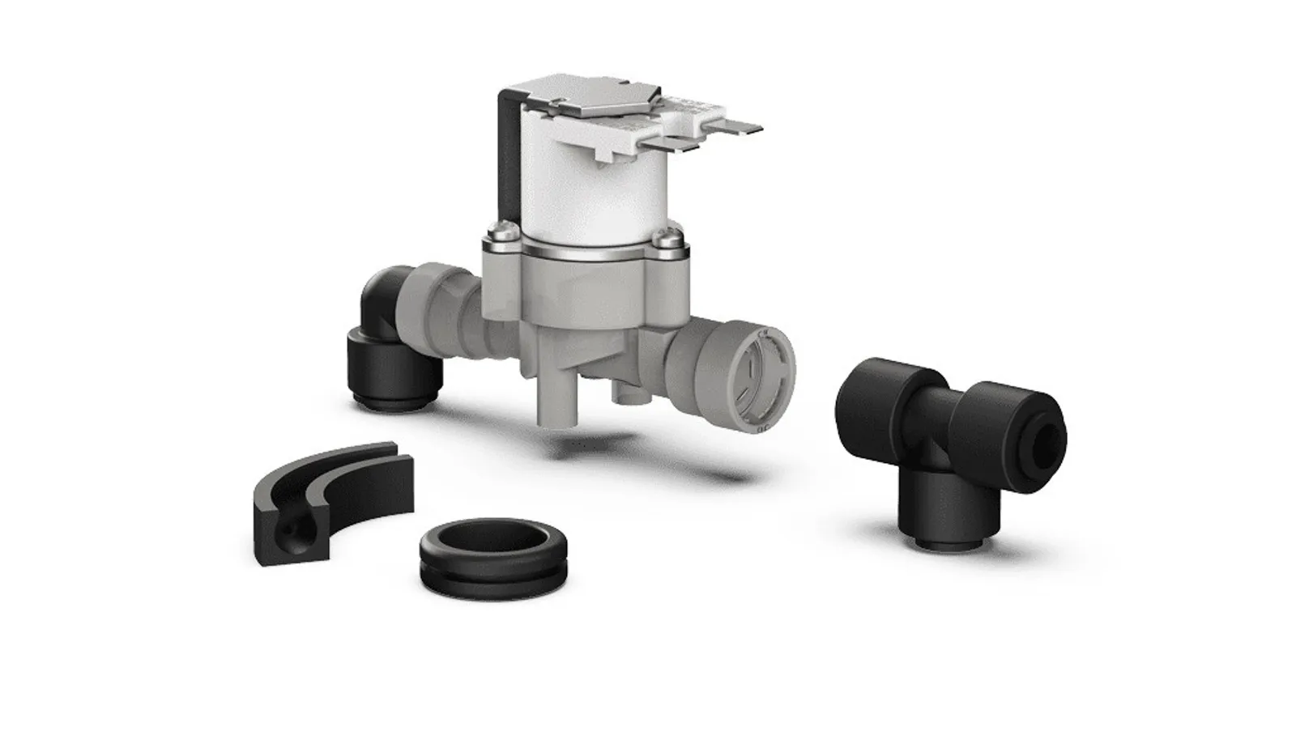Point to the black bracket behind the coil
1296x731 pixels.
click(507, 162)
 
